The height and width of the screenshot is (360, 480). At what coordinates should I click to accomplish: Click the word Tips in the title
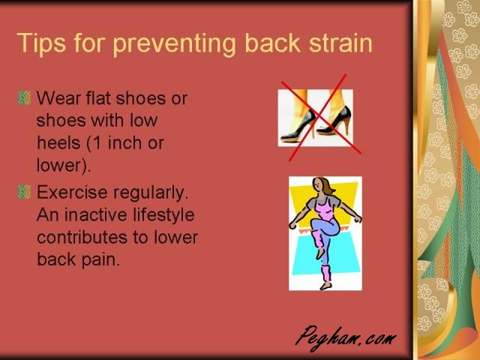(41, 43)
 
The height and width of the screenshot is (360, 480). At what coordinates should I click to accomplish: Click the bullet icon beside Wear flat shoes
(25, 98)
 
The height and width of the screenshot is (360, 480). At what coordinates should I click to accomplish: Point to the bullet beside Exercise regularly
(25, 192)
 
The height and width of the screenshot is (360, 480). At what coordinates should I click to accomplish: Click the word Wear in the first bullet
(58, 98)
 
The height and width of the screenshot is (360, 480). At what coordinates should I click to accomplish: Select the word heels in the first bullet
(58, 143)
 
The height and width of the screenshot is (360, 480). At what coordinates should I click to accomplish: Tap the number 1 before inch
(97, 143)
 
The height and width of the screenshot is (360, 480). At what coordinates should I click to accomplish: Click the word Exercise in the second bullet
(72, 193)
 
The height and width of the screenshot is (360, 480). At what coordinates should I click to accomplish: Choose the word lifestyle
(163, 214)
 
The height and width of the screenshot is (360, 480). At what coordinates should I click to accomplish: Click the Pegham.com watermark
(346, 338)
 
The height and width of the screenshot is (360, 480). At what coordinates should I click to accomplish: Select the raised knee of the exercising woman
(315, 223)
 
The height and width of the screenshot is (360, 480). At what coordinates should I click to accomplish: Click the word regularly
(151, 193)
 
